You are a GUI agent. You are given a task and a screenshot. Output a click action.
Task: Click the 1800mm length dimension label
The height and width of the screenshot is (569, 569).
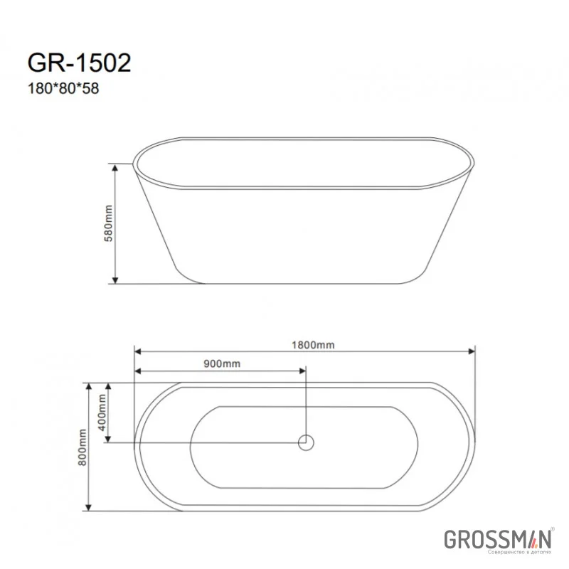(314, 345)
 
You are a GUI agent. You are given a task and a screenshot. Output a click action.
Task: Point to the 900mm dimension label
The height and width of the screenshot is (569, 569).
(222, 363)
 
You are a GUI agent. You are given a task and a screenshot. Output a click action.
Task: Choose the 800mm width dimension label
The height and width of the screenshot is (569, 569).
(83, 447)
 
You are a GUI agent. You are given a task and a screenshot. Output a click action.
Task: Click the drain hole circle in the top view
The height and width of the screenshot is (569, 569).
(305, 442)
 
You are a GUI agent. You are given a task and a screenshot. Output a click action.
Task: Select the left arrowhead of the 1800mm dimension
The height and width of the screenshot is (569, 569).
(138, 351)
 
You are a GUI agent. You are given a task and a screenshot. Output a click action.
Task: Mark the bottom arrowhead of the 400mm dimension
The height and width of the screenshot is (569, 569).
(108, 438)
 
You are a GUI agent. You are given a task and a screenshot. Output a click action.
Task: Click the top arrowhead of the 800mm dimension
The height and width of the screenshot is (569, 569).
(89, 386)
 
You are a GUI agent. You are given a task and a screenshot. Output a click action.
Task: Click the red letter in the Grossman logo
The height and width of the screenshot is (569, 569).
(530, 538)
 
